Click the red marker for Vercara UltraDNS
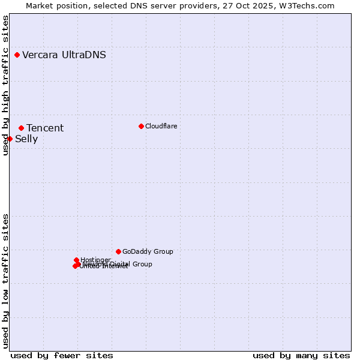[17, 55]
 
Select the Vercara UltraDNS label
[64, 55]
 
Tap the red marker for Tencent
[21, 128]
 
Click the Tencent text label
[45, 128]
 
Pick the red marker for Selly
[10, 139]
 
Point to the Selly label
[26, 139]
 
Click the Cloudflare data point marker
[141, 126]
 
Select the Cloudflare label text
[161, 126]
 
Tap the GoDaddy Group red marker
[118, 251]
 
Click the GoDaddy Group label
[148, 252]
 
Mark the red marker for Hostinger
[77, 260]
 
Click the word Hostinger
[95, 260]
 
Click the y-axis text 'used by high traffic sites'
[5, 86]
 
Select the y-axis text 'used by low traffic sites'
[5, 281]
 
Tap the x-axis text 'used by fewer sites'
[62, 355]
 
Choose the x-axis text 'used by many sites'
[301, 355]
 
